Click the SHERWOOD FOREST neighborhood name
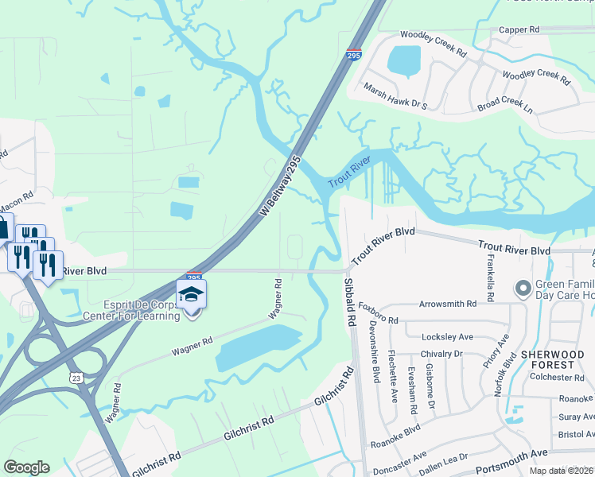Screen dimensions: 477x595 click(x=552, y=359)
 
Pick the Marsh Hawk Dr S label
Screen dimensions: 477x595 click(x=395, y=95)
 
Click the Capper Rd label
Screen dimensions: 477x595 click(x=519, y=29)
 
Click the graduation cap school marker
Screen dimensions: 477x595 click(x=192, y=295)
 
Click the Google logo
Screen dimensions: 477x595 click(x=26, y=467)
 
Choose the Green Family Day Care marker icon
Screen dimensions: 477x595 click(x=523, y=287)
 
